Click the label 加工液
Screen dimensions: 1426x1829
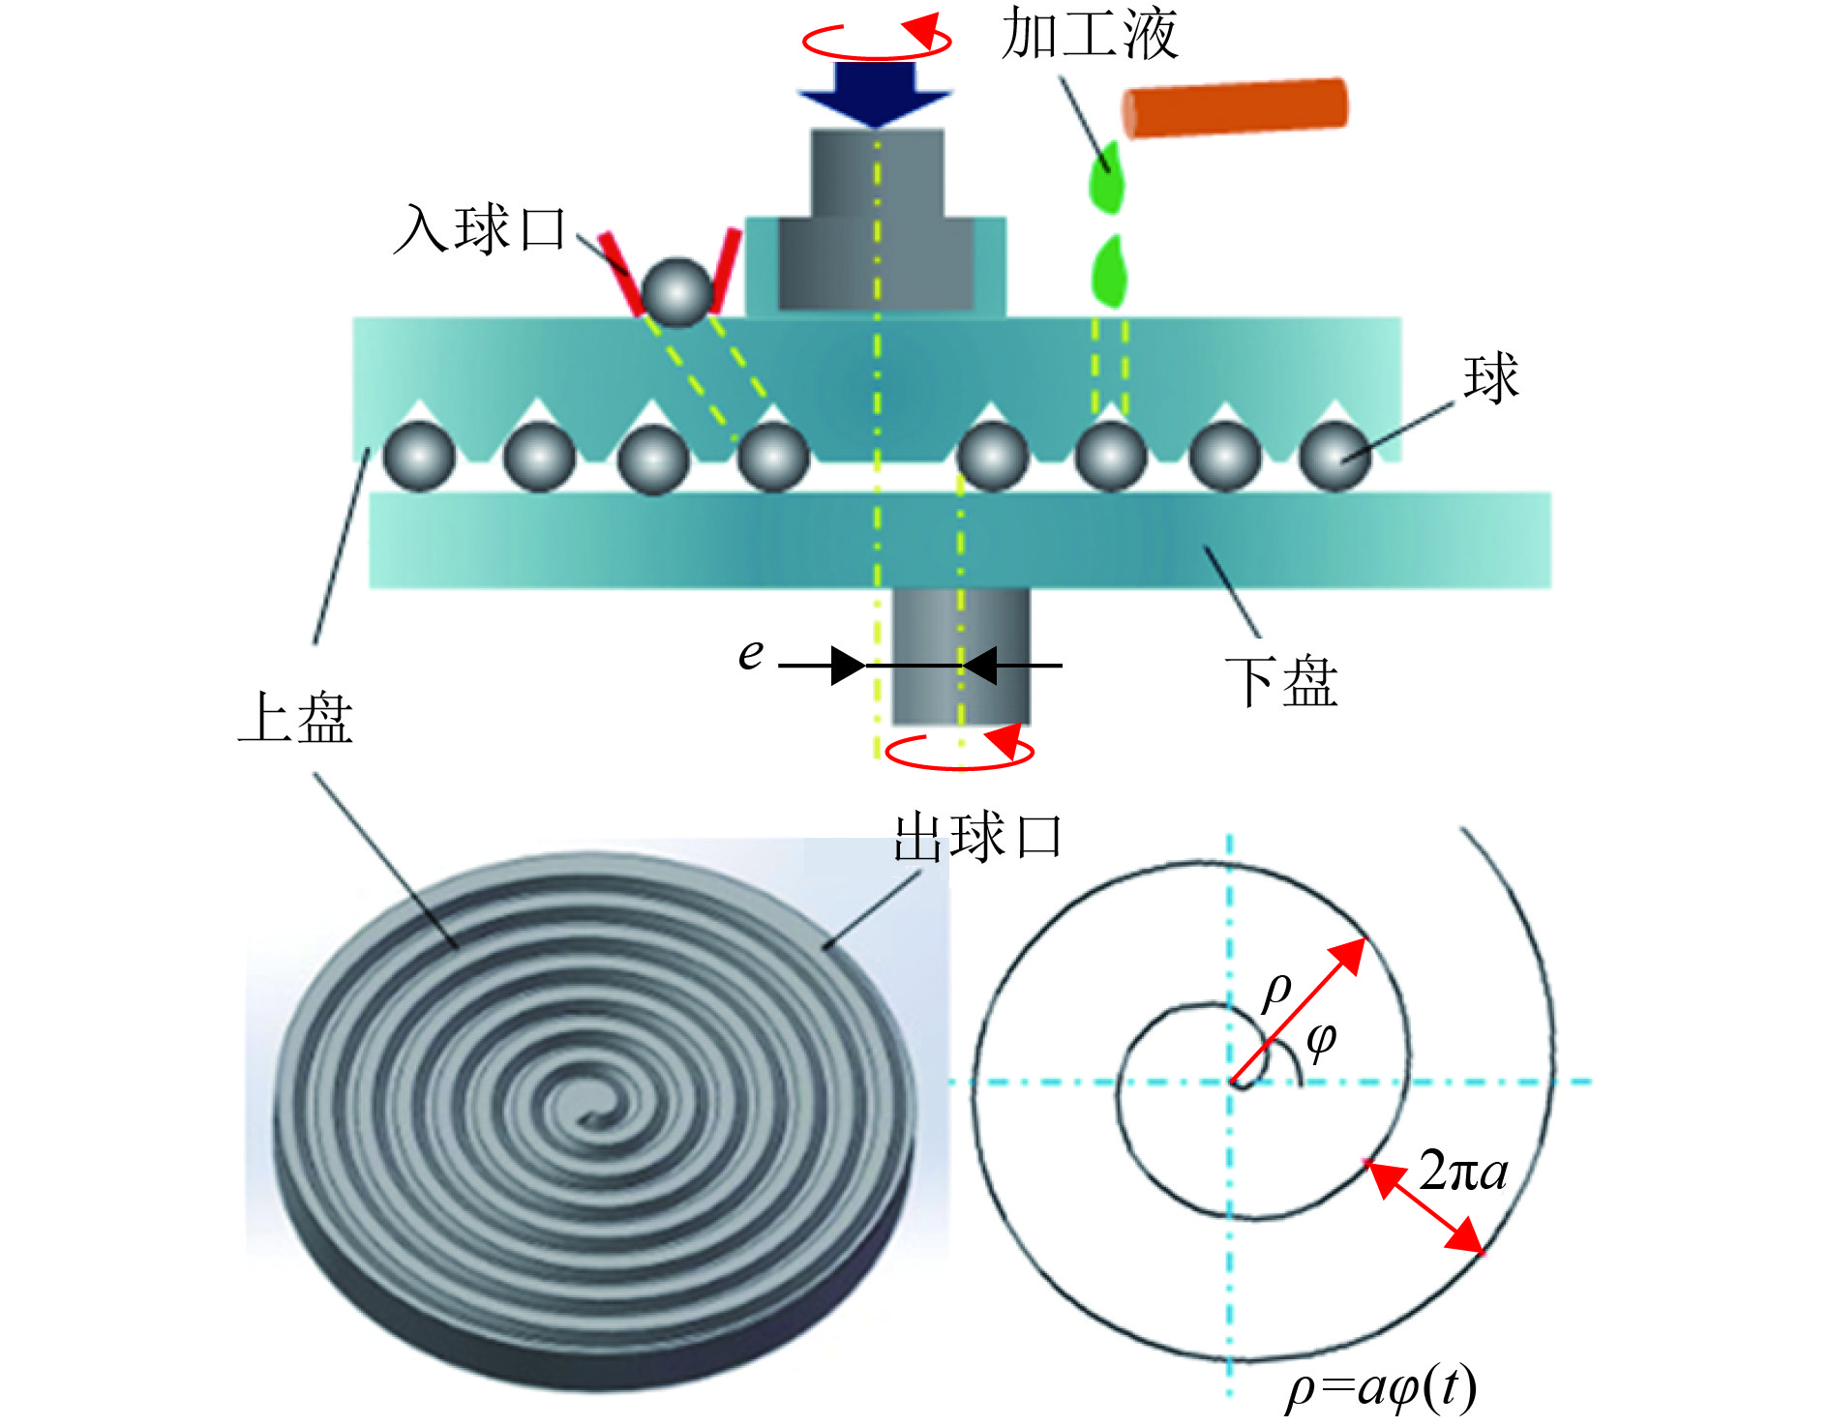point(1089,35)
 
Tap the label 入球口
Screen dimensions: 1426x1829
point(481,230)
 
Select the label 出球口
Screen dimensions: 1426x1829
point(977,837)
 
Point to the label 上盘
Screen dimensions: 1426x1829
point(296,718)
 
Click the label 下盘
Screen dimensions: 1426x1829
point(1281,681)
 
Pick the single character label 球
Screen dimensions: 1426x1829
point(1490,377)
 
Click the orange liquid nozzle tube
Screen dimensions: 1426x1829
point(1234,106)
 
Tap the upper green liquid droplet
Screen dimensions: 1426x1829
point(1106,179)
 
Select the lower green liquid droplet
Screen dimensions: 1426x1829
point(1108,271)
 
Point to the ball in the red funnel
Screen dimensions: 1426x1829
point(676,291)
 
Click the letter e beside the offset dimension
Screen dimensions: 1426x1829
point(750,654)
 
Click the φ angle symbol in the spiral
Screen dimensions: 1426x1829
point(1321,1041)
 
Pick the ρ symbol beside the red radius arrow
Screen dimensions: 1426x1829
point(1277,991)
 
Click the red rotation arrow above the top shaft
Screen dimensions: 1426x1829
point(877,39)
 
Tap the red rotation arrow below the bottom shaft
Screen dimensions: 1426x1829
point(960,751)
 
